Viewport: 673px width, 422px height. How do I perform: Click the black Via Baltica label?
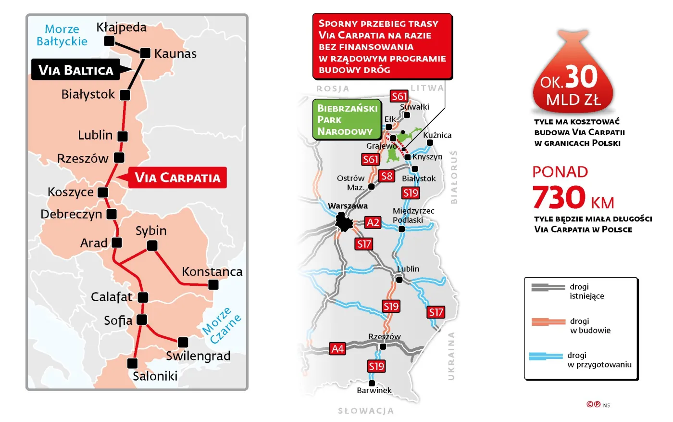(76, 70)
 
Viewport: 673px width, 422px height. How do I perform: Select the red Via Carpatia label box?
(177, 178)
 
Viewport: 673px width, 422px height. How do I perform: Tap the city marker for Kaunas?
(145, 53)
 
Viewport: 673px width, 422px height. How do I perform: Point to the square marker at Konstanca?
(213, 285)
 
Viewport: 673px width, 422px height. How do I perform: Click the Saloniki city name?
(155, 376)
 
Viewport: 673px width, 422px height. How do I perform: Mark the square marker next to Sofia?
(142, 320)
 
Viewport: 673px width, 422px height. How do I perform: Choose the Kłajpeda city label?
(121, 27)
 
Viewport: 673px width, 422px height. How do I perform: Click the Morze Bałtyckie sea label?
(62, 35)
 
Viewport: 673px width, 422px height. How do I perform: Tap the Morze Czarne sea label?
(221, 325)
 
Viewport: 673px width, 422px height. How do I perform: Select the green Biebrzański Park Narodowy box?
(346, 119)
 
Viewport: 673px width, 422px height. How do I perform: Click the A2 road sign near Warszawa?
(373, 222)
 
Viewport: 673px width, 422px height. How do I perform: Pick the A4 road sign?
(337, 348)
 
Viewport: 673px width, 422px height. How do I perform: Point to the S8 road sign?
(386, 176)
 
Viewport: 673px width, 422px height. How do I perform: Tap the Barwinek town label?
(374, 390)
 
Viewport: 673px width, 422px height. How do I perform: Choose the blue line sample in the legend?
(546, 356)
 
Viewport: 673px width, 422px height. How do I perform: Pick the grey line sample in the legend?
(548, 287)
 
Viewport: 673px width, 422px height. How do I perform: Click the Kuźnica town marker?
(430, 142)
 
